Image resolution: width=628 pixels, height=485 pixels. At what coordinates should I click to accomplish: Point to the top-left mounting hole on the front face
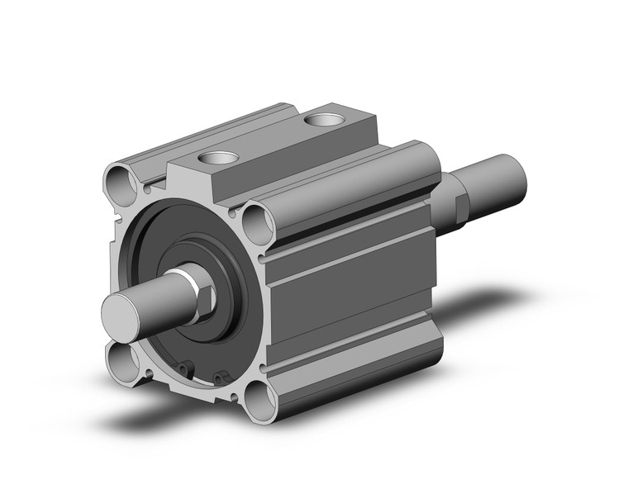[x=117, y=178]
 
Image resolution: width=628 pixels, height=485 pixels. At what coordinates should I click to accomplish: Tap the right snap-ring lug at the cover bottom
[x=219, y=379]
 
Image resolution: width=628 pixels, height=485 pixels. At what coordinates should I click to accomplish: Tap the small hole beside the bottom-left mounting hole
[x=147, y=373]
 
